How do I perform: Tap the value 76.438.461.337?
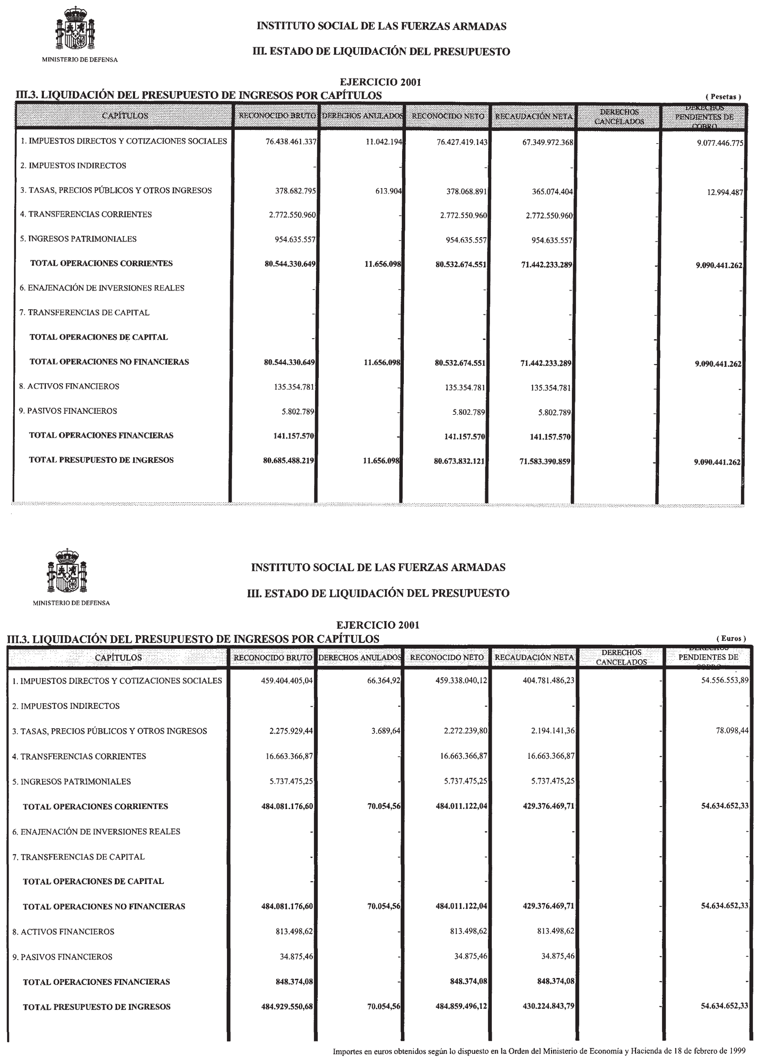(x=291, y=142)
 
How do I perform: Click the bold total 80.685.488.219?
(x=288, y=461)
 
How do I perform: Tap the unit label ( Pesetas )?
(x=723, y=97)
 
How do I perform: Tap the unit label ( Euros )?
(x=731, y=638)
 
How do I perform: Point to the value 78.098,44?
(x=732, y=731)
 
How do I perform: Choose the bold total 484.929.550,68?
(x=287, y=1007)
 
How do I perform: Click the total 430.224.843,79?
(x=548, y=1007)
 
